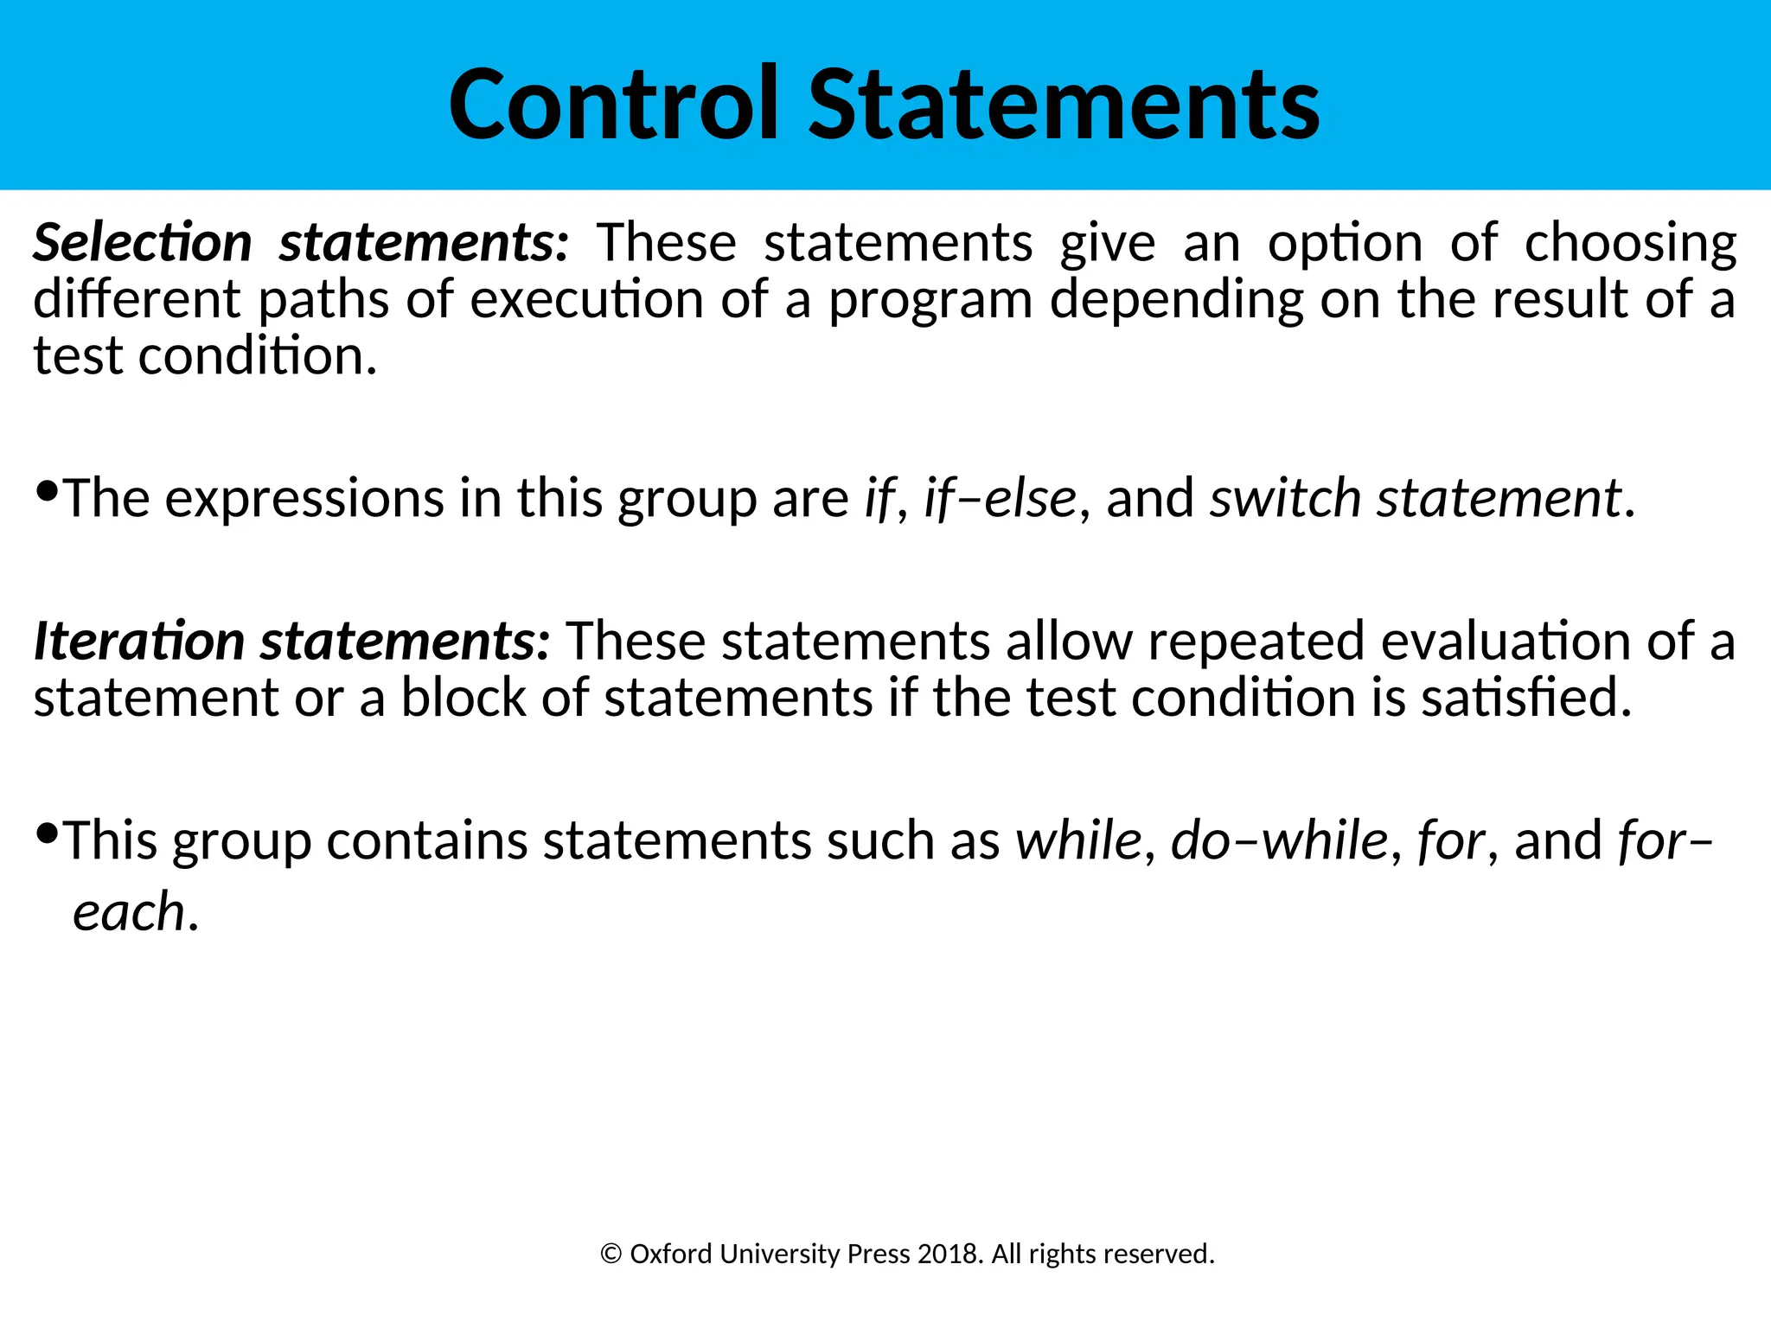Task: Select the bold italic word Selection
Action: pyautogui.click(x=143, y=242)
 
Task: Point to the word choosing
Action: pyautogui.click(x=1630, y=244)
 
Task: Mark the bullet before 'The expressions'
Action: pyautogui.click(x=48, y=492)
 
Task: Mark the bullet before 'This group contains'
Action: pyautogui.click(x=48, y=833)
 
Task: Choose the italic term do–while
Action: pyautogui.click(x=1278, y=840)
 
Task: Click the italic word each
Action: pyautogui.click(x=129, y=912)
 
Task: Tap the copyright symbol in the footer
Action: pyautogui.click(x=611, y=1254)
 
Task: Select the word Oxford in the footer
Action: pyautogui.click(x=671, y=1254)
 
